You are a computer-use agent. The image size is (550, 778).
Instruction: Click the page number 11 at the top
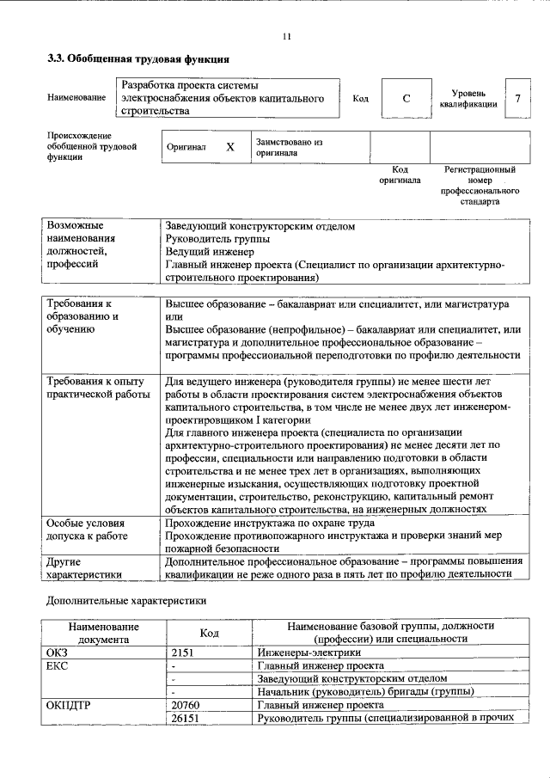(287, 36)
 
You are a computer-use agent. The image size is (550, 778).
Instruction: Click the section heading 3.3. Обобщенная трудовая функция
(137, 59)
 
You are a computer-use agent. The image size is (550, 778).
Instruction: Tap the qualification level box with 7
(517, 99)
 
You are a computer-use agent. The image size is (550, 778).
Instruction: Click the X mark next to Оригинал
(229, 147)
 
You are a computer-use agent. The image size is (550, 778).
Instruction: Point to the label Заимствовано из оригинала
(288, 147)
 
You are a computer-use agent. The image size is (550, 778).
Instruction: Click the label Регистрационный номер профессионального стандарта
(480, 186)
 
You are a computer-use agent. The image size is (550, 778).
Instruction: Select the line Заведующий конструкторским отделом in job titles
(260, 227)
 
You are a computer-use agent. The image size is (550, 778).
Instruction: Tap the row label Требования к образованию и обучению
(82, 316)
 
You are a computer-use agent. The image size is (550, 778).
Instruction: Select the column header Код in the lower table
(209, 633)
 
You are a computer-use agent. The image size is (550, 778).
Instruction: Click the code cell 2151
(185, 652)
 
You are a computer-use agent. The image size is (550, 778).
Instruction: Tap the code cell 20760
(186, 704)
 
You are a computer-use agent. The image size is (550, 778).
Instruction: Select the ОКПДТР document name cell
(74, 704)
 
